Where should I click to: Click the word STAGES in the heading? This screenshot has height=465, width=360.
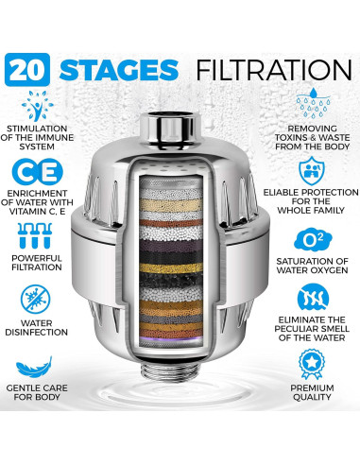(117, 69)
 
